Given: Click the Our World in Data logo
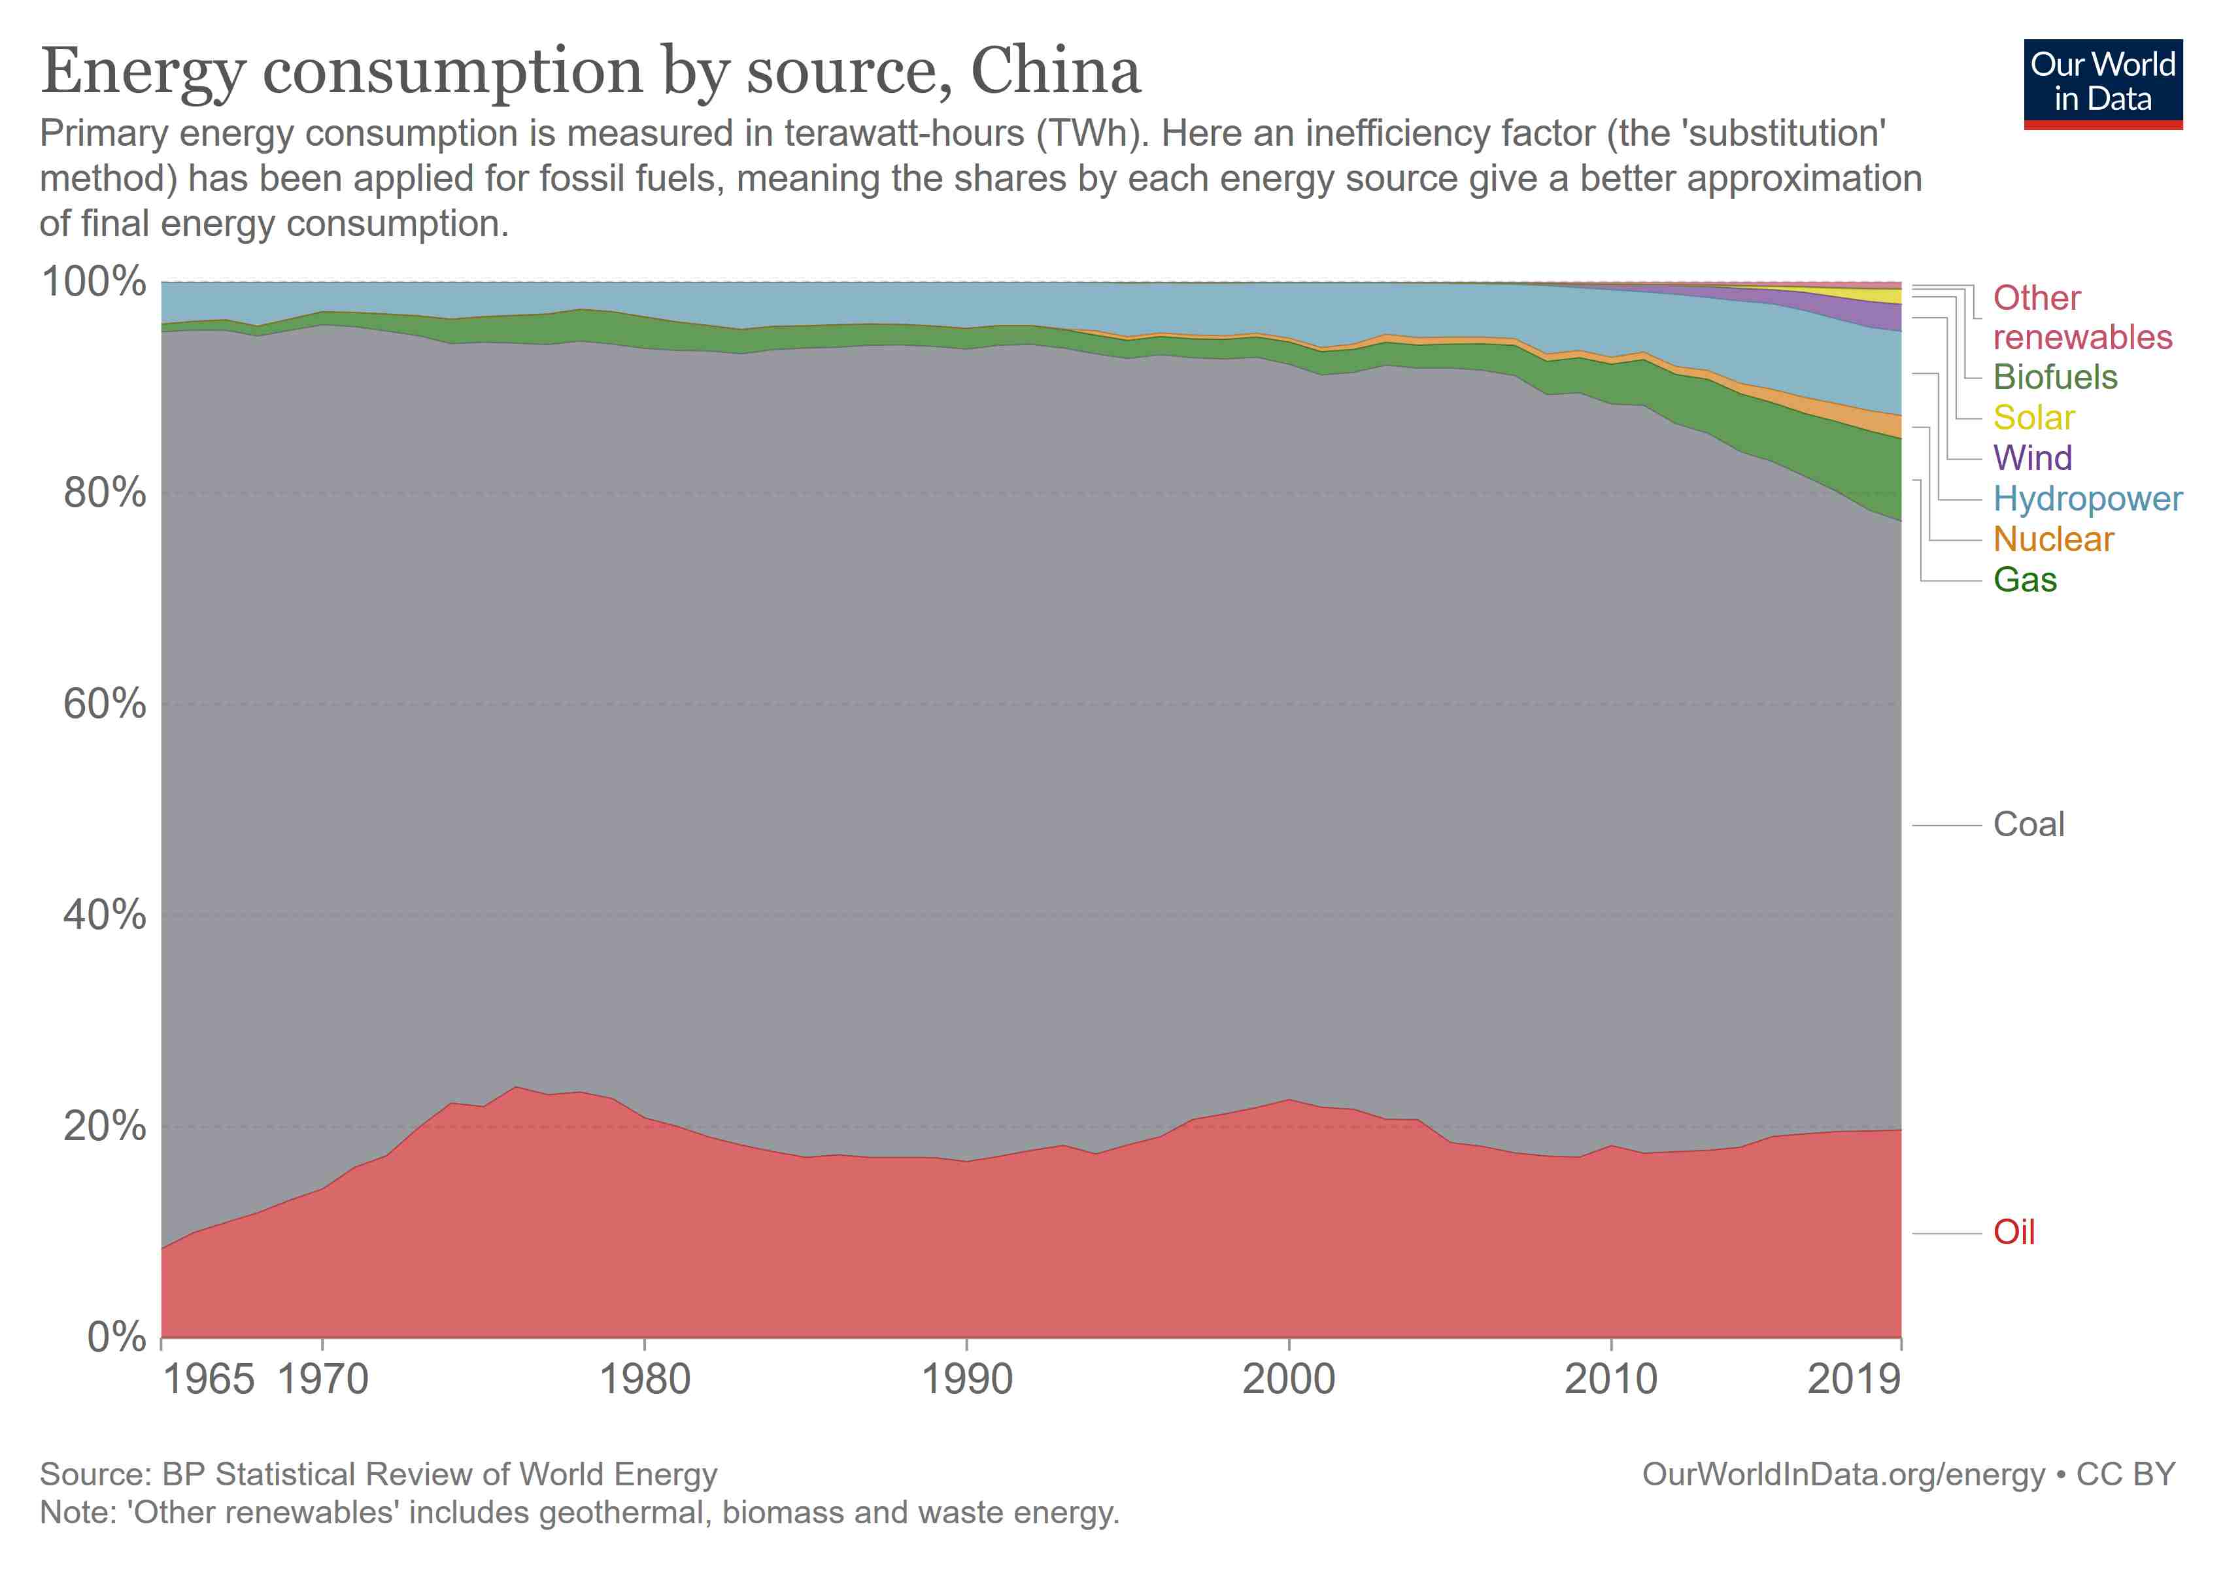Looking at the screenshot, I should tap(2102, 83).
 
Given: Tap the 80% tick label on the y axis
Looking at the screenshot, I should tap(105, 494).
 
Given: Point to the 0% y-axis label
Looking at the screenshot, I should tap(116, 1337).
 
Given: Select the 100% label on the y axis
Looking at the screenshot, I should tap(94, 282).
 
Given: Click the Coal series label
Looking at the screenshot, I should tap(2028, 824).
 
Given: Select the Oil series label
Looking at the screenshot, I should tap(2014, 1232).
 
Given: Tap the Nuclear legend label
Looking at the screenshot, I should tap(2052, 539).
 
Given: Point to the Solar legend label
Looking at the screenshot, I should tap(2033, 418).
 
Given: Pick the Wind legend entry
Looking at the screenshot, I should tap(2032, 458).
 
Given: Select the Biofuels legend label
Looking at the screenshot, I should tap(2054, 377).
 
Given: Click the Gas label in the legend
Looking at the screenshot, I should tap(2024, 580).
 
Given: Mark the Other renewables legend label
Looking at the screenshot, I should tap(2082, 318).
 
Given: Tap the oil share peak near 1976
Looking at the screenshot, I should tap(516, 1087).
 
